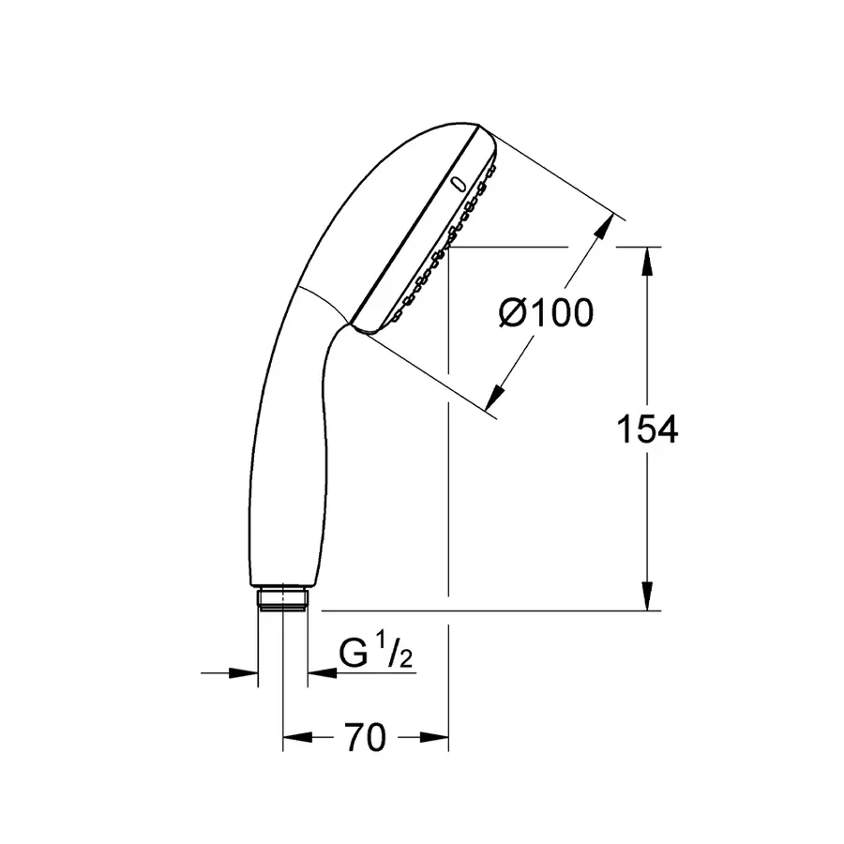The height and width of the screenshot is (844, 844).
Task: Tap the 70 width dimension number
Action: (365, 738)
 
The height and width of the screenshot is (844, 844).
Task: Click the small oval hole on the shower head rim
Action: (458, 185)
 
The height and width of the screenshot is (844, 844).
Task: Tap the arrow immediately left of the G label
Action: (319, 671)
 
